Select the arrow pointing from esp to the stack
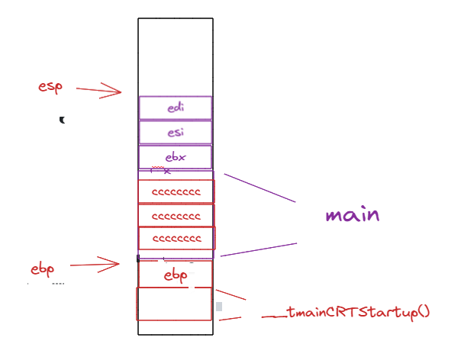(99, 91)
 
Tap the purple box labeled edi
(176, 108)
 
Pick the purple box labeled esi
(176, 133)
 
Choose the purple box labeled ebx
(176, 157)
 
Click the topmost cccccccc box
(176, 191)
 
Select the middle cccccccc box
(176, 216)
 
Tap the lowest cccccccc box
(176, 239)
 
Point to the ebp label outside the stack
(43, 269)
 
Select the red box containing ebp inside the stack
(176, 275)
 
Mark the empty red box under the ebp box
(174, 304)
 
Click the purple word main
(352, 214)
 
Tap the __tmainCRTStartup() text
(346, 313)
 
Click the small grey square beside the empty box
(219, 307)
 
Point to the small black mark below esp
(63, 120)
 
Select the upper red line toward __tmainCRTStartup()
(230, 294)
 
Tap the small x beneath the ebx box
(167, 172)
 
